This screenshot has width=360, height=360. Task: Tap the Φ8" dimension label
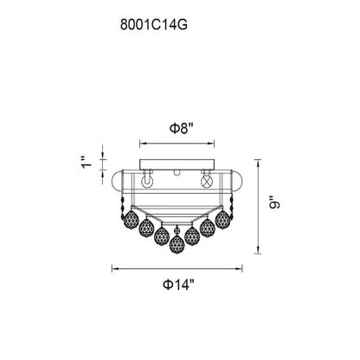pos(179,127)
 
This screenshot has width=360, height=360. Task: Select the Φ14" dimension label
pos(179,282)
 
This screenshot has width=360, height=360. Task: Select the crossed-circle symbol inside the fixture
pos(208,183)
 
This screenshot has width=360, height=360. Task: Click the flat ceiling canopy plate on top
pos(179,164)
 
